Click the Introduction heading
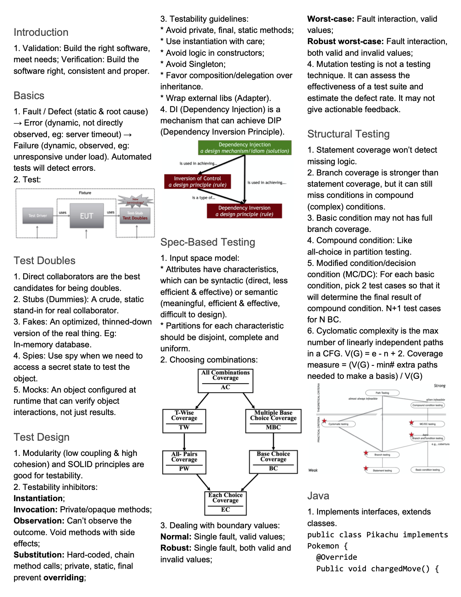[41, 32]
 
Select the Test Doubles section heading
[44, 261]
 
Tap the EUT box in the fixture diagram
[86, 216]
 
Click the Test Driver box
[38, 216]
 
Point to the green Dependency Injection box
[244, 148]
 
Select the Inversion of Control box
[197, 181]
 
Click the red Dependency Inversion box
[244, 211]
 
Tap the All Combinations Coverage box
[225, 380]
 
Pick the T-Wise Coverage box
[184, 421]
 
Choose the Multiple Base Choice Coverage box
[273, 421]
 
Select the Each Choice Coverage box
[225, 503]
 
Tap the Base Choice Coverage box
[273, 462]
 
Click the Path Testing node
[382, 393]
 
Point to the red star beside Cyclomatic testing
[324, 421]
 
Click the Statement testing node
[382, 470]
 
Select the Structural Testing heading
[348, 134]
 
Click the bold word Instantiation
[38, 498]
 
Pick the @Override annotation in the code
[337, 557]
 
